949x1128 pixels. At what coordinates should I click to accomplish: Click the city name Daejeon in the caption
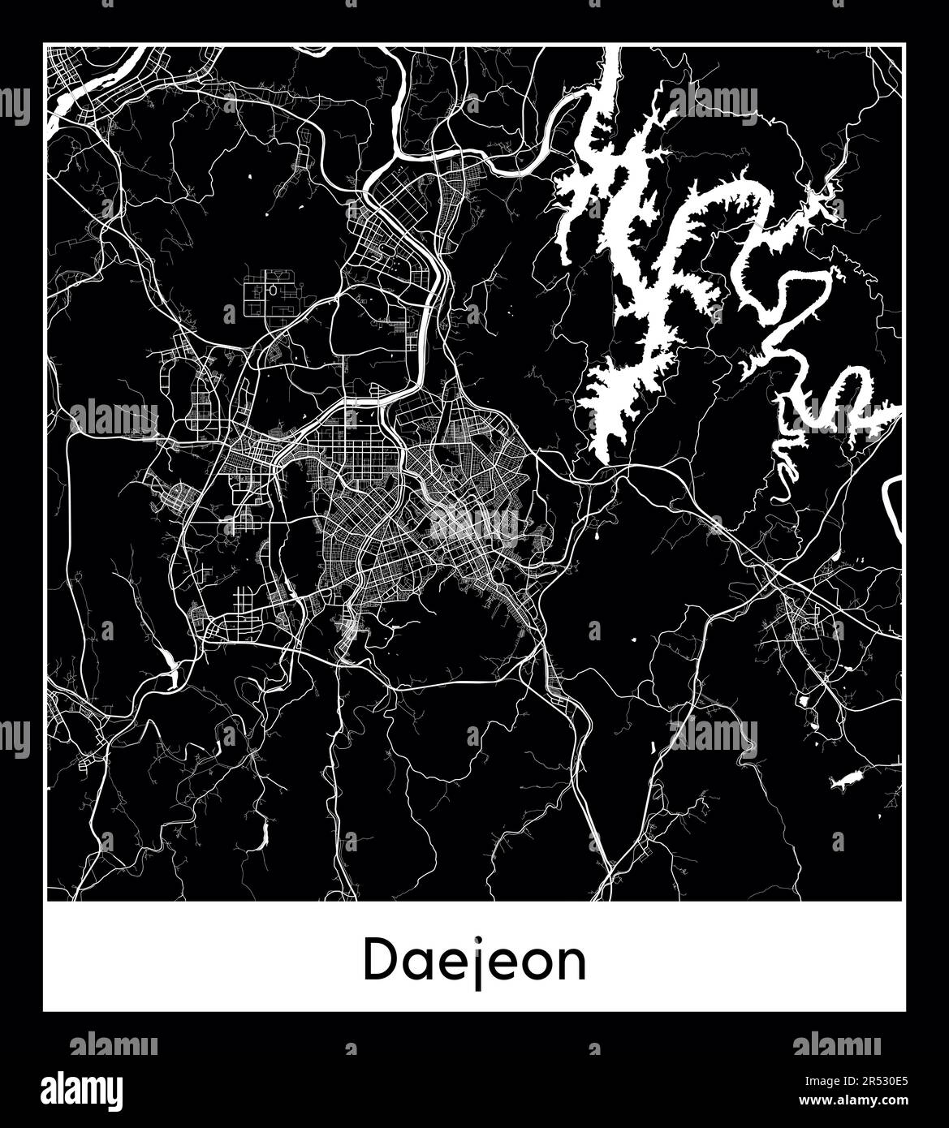pos(474,960)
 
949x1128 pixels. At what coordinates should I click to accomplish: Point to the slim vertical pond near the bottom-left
pos(264,835)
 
